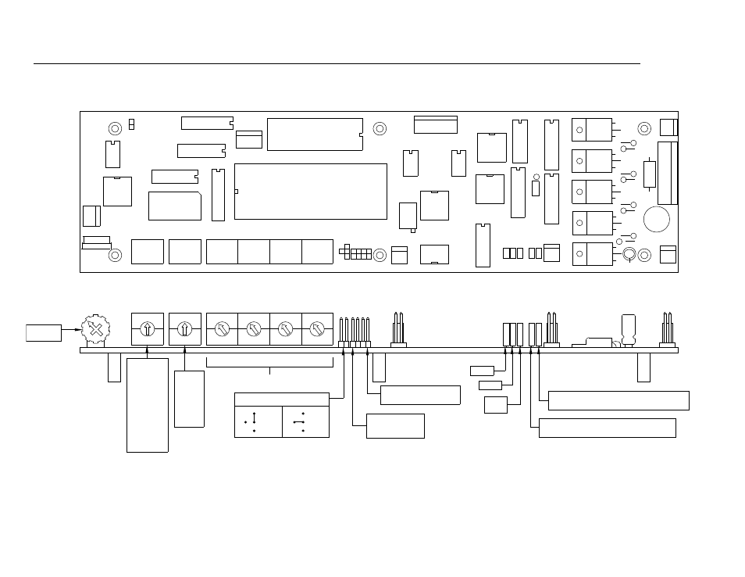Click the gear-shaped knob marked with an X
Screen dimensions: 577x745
coord(95,329)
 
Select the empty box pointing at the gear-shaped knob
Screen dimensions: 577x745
coord(44,332)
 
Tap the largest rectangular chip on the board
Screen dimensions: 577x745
coord(310,191)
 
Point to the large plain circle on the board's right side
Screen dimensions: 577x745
coord(656,219)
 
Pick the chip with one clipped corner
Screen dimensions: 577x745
coord(174,206)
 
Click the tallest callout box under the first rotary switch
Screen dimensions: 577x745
coord(148,404)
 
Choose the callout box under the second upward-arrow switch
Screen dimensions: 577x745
coord(189,399)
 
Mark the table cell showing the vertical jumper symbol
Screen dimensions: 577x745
coord(258,421)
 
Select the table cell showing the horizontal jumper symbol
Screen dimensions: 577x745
coord(305,421)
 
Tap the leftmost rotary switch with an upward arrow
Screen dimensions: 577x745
coord(148,329)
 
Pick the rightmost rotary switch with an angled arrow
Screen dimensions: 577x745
coord(317,329)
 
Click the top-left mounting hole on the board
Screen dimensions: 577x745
coord(115,128)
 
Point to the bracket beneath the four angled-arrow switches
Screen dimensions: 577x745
coord(269,364)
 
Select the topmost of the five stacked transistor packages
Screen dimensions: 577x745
coord(592,130)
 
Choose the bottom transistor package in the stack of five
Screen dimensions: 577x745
coord(592,254)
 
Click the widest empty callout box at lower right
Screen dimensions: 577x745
coord(618,400)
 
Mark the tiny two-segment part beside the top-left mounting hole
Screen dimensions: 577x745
coord(132,124)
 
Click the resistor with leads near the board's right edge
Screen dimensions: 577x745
coord(649,174)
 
